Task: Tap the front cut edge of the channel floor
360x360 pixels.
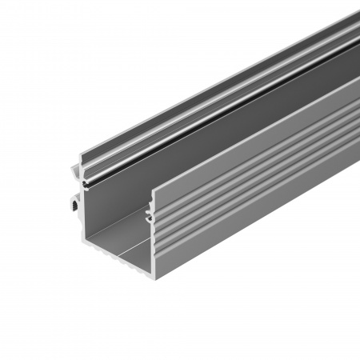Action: (120, 254)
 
